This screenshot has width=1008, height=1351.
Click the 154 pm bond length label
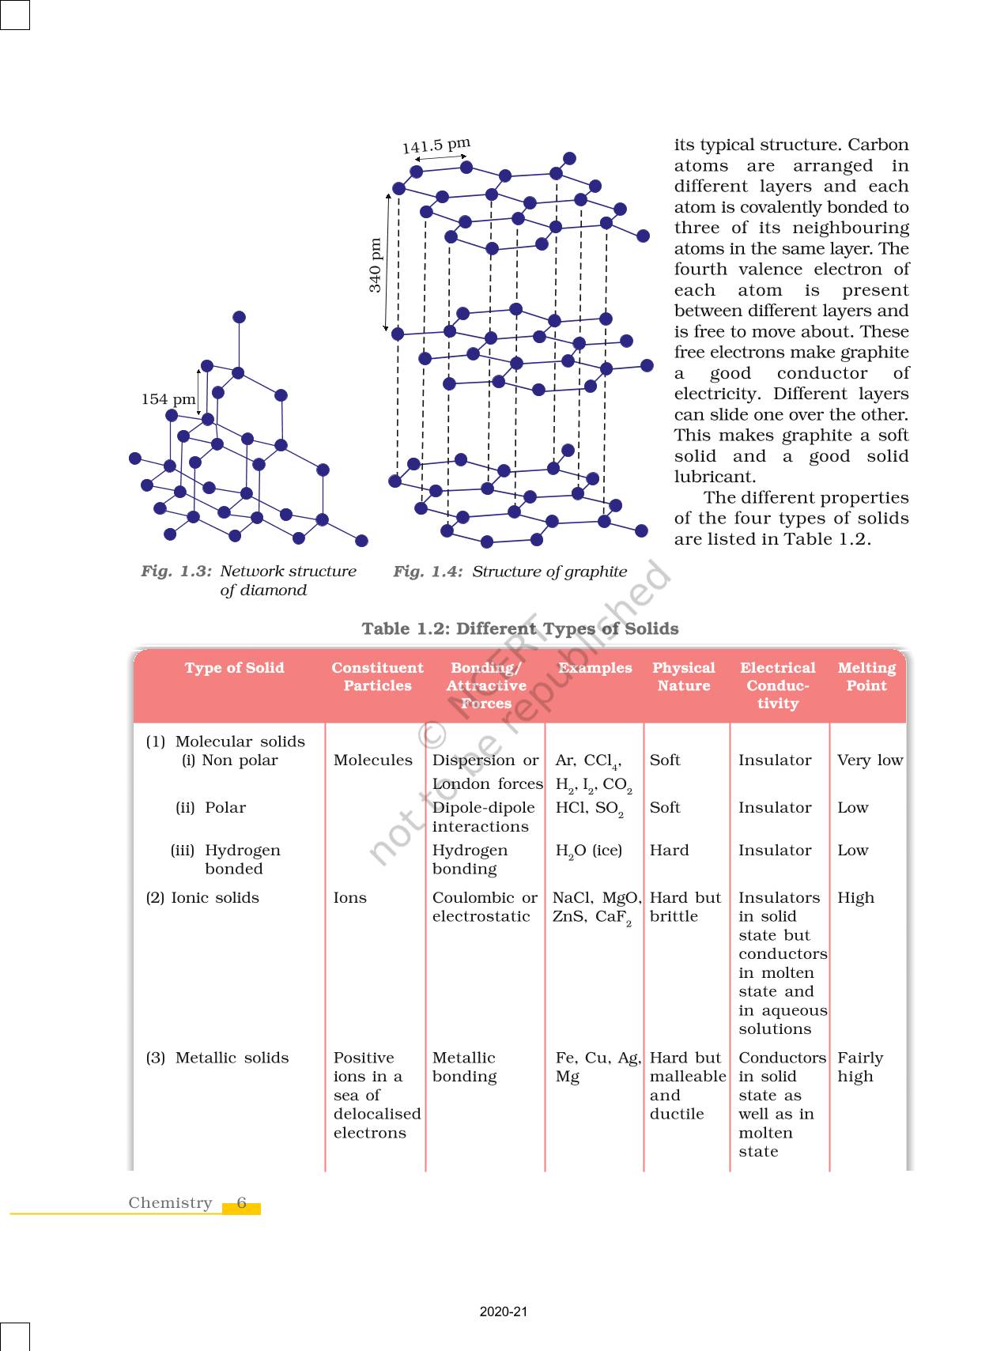click(168, 399)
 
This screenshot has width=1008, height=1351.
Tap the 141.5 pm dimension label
click(436, 145)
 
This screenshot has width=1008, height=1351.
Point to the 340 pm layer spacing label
click(376, 265)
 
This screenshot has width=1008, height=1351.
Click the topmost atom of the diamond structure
click(239, 317)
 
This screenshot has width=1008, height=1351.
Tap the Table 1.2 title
click(519, 628)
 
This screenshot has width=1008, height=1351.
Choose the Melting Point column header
click(866, 677)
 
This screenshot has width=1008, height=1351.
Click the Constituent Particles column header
click(377, 677)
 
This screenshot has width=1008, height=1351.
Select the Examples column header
click(595, 668)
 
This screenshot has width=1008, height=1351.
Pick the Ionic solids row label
click(202, 898)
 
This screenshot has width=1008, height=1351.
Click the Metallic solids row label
click(217, 1058)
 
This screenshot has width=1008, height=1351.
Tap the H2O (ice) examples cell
click(589, 851)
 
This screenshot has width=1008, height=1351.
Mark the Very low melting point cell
click(870, 760)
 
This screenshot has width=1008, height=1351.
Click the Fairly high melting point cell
click(859, 1067)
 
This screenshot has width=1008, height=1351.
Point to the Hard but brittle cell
click(685, 908)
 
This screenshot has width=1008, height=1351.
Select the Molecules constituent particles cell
click(372, 760)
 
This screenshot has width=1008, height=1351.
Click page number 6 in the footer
click(241, 1203)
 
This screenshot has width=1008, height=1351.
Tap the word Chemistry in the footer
click(170, 1203)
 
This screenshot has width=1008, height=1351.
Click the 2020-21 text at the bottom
click(503, 1312)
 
